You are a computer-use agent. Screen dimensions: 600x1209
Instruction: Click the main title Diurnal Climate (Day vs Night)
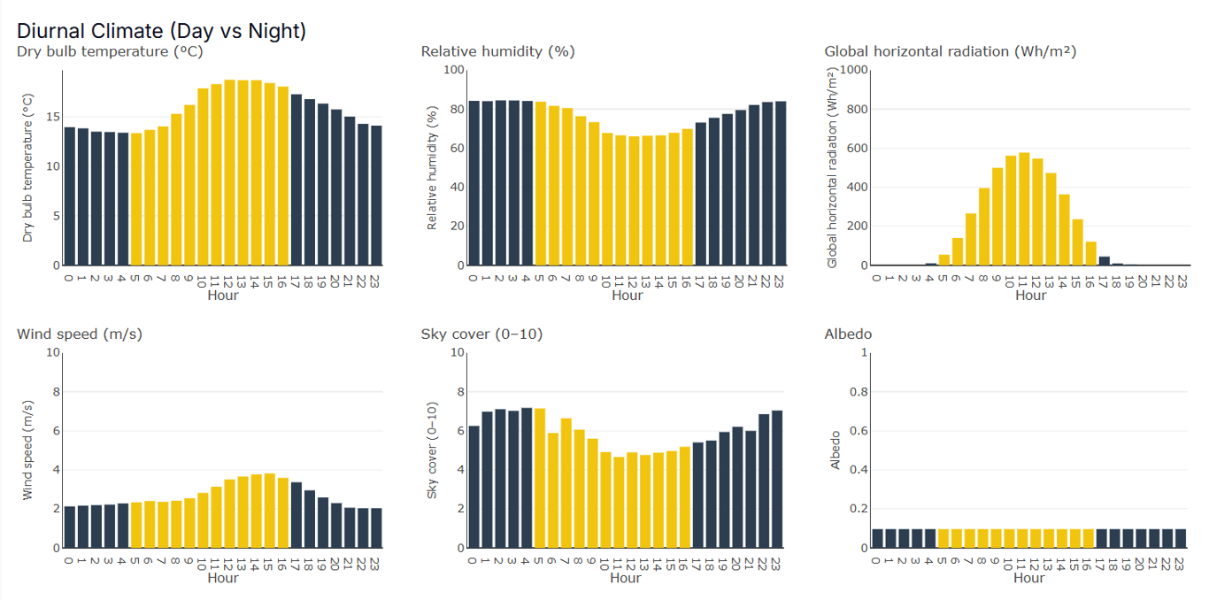161,31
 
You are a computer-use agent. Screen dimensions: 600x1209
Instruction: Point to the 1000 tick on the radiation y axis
852,70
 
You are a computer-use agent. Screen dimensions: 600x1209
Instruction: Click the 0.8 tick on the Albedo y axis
859,392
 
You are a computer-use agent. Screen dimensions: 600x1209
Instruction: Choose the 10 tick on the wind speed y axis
53,352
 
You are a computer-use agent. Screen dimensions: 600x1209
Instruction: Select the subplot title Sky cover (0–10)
481,334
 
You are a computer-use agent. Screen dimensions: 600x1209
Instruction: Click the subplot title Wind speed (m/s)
80,334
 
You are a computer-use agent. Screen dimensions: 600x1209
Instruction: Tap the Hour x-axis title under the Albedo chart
1029,578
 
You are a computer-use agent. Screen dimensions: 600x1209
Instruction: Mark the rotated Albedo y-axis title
835,450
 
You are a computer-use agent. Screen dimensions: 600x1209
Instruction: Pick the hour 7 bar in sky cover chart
566,483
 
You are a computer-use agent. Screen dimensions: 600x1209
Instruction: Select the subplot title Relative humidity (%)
497,51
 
